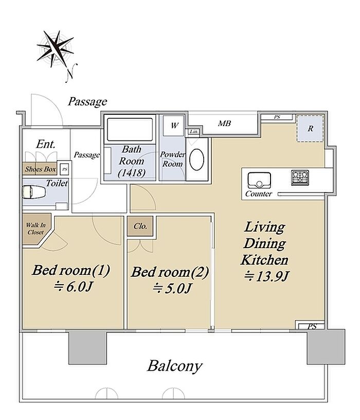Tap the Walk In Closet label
tap(35, 229)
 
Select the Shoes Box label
tap(41, 169)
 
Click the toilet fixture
tap(34, 192)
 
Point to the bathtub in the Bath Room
tap(130, 129)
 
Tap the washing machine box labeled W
tap(174, 125)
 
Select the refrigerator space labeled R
tap(310, 128)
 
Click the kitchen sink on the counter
tap(259, 180)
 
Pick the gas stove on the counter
tap(300, 178)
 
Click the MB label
tap(224, 124)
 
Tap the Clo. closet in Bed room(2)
tap(140, 226)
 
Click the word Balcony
tap(175, 366)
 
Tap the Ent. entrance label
tap(46, 144)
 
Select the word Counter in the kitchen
tap(259, 194)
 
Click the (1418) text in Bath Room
tap(132, 173)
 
